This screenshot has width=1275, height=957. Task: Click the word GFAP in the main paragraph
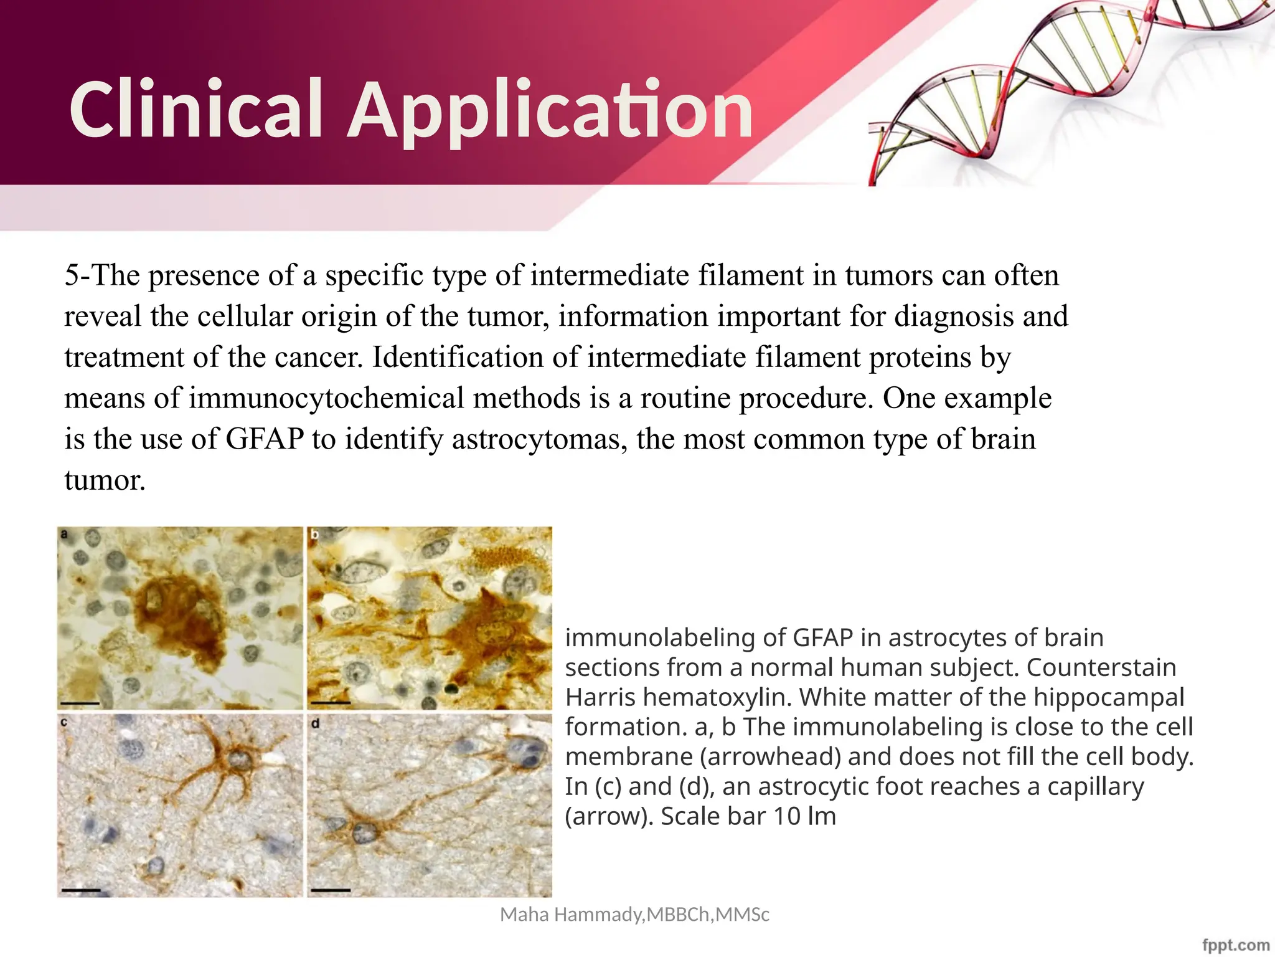[265, 439]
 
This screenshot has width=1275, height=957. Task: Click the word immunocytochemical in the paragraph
[326, 398]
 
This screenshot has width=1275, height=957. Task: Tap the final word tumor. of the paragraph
[105, 480]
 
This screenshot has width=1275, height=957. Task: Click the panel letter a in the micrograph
[64, 534]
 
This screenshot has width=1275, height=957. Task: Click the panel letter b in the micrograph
[314, 535]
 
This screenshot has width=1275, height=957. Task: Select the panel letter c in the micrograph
[64, 722]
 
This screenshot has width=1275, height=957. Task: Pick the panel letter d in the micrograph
[315, 723]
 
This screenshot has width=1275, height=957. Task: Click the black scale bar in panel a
[81, 703]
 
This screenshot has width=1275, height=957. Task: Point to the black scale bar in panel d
[331, 890]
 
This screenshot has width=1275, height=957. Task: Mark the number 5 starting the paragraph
[72, 275]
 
